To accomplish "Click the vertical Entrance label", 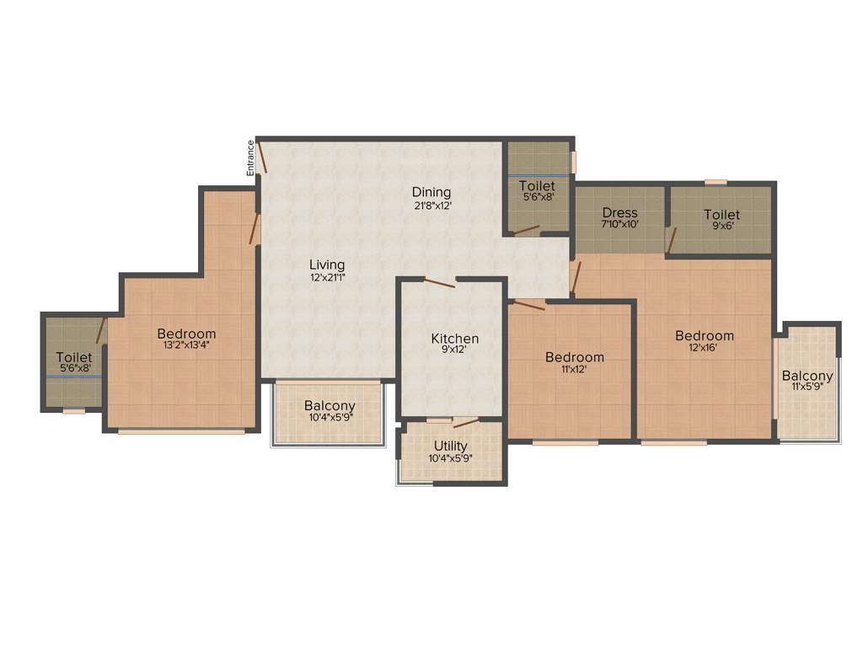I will click(x=250, y=158).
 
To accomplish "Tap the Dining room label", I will click(x=431, y=192).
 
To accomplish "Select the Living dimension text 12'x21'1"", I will click(x=329, y=278).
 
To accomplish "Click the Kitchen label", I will click(x=455, y=339).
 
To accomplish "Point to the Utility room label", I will click(x=452, y=446).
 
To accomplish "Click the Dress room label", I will click(x=620, y=213).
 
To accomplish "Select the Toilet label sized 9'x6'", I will click(x=721, y=215).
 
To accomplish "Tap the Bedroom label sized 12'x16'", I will click(x=705, y=335).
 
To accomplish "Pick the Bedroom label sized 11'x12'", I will click(x=574, y=357).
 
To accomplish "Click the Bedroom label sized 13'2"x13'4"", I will click(x=186, y=334).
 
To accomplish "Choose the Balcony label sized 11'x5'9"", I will click(x=807, y=376).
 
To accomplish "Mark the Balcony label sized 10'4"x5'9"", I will click(x=330, y=406).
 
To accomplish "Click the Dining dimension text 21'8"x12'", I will click(x=431, y=206).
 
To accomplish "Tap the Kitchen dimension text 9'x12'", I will click(x=455, y=351).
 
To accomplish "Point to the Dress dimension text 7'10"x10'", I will click(x=620, y=226).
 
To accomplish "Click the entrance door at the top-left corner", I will click(x=262, y=158).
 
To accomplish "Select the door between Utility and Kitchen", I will click(x=465, y=422).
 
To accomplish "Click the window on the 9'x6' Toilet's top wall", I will click(x=716, y=181).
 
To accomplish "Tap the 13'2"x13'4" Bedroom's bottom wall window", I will click(x=181, y=431).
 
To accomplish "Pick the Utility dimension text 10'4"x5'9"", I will click(x=452, y=458).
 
